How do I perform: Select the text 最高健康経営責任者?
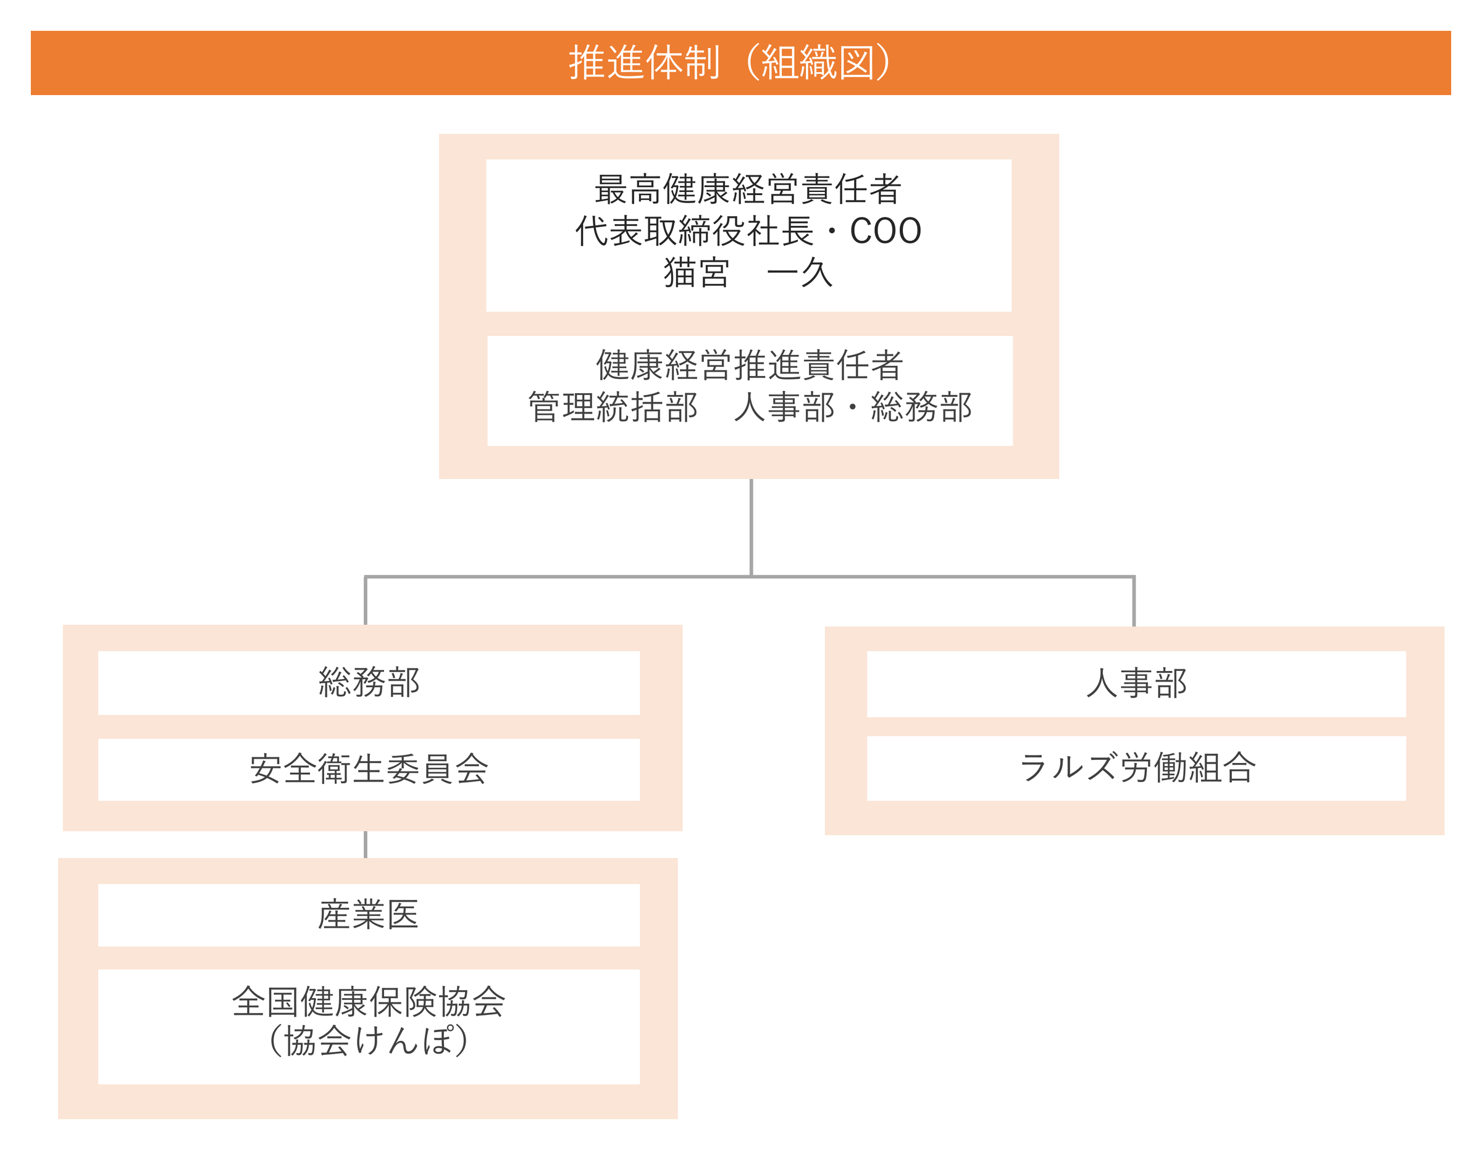[x=748, y=189]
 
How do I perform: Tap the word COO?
[x=885, y=231]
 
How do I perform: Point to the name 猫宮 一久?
[x=748, y=273]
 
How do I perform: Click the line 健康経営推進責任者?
[x=750, y=365]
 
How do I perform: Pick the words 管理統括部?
[x=613, y=407]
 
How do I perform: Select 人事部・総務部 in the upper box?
[x=853, y=407]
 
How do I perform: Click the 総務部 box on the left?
[x=369, y=683]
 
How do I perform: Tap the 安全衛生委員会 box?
[x=369, y=769]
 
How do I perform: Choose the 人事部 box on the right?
[x=1137, y=684]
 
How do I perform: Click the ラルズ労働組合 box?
[x=1137, y=768]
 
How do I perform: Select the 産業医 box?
[x=369, y=915]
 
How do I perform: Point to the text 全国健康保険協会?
[x=369, y=1001]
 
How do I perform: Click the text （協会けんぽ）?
[x=369, y=1041]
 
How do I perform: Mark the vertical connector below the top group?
[x=751, y=528]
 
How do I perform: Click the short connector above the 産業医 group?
[x=366, y=844]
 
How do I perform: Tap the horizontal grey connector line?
[x=750, y=577]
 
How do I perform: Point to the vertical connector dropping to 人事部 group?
[x=1134, y=602]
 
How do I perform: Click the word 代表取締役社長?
[x=694, y=231]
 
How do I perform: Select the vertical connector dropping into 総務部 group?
[x=366, y=601]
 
